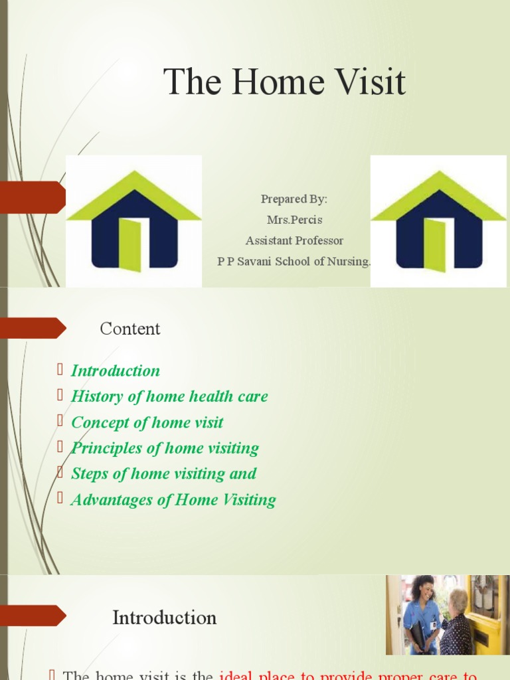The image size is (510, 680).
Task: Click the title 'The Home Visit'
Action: pyautogui.click(x=284, y=82)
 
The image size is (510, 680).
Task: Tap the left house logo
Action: pyautogui.click(x=133, y=221)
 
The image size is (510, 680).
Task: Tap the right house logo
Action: pyautogui.click(x=438, y=221)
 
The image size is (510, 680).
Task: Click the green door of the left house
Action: pyautogui.click(x=130, y=244)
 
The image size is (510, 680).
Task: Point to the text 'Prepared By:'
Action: pyautogui.click(x=294, y=199)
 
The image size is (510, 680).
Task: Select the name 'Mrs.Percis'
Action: pyautogui.click(x=294, y=220)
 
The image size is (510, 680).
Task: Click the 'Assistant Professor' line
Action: pyautogui.click(x=294, y=240)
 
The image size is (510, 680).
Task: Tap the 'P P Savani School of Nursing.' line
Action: pyautogui.click(x=294, y=261)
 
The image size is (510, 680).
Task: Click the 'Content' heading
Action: pyautogui.click(x=130, y=329)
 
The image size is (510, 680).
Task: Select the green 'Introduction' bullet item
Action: pyautogui.click(x=116, y=371)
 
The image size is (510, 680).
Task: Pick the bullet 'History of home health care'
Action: pyautogui.click(x=169, y=396)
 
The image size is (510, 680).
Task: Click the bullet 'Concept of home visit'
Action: pyautogui.click(x=147, y=422)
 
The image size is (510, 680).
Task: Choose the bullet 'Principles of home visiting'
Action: pyautogui.click(x=165, y=448)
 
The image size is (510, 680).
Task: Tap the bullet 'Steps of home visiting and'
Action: pyautogui.click(x=163, y=473)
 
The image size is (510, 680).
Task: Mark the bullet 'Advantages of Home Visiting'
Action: pyautogui.click(x=173, y=499)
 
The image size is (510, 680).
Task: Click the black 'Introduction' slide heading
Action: pyautogui.click(x=164, y=618)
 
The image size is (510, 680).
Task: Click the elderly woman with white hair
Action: pyautogui.click(x=456, y=624)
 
